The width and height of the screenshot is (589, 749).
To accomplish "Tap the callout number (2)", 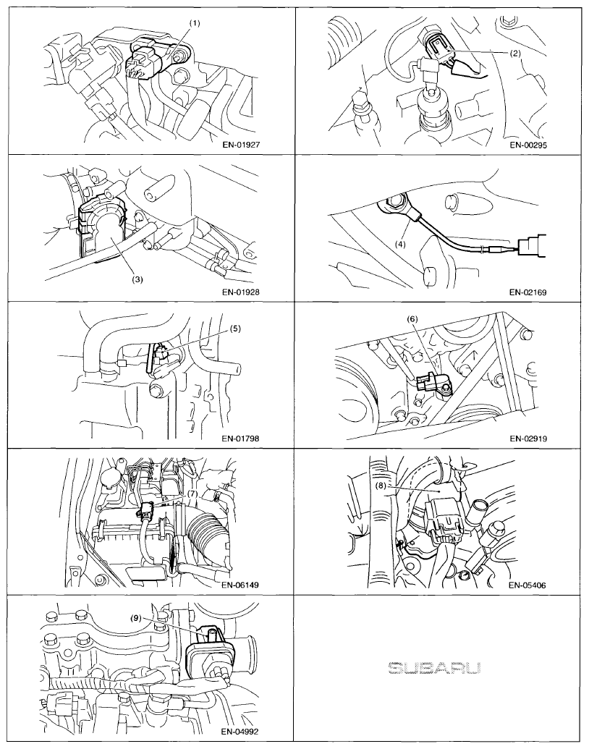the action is tap(514, 54).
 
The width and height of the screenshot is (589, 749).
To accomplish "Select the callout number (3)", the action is tap(137, 279).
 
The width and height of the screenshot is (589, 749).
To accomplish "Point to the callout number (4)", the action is tap(400, 244).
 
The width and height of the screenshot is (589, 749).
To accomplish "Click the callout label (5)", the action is tap(234, 329).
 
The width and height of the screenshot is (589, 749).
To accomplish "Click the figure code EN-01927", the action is tap(241, 145).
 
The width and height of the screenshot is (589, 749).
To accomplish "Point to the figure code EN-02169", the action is tap(527, 292).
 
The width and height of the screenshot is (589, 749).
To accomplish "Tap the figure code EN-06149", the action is tap(241, 584).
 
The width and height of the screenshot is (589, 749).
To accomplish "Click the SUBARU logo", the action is tap(433, 668).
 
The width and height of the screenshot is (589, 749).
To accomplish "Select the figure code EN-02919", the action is tap(528, 438).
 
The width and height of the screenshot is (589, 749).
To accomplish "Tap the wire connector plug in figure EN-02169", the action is tap(531, 247).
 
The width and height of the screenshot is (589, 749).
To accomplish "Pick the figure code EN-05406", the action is tap(527, 585).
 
